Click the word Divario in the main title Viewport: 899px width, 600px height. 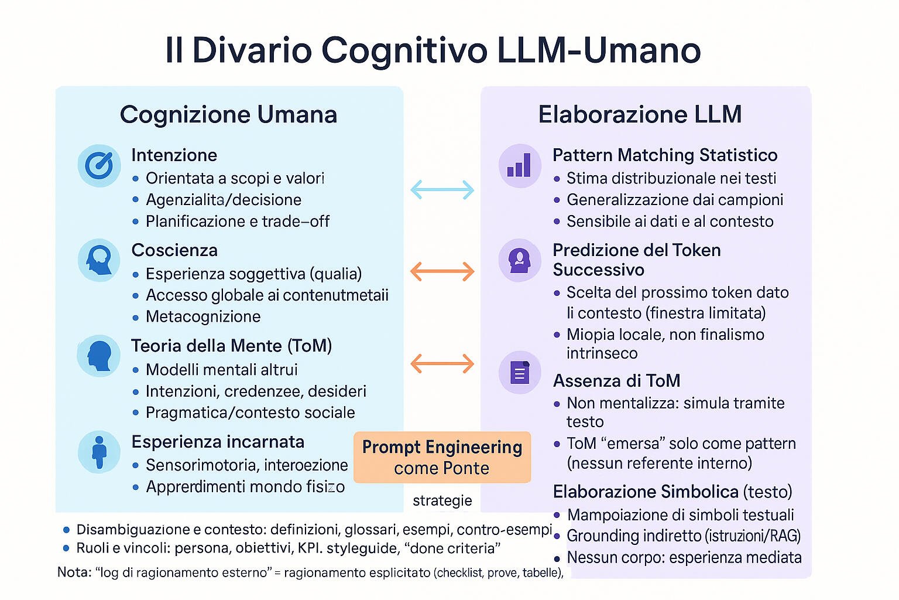[252, 50]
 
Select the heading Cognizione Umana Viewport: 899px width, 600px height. [228, 114]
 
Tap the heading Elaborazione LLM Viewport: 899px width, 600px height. [640, 114]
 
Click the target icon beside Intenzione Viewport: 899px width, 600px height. [99, 166]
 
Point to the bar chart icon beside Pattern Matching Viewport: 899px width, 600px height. [519, 166]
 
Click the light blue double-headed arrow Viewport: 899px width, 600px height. [442, 189]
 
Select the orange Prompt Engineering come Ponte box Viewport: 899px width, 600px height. [442, 457]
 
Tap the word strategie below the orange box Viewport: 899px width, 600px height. [442, 500]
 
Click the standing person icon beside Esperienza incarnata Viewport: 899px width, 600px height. [99, 452]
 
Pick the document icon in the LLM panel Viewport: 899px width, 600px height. [519, 373]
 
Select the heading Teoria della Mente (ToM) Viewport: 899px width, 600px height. [231, 346]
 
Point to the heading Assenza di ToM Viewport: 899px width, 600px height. [616, 381]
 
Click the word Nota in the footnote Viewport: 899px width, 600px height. [73, 572]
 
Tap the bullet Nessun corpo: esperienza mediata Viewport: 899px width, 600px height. [684, 557]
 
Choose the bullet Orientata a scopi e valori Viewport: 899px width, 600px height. [235, 178]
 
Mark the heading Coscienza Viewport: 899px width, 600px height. [174, 250]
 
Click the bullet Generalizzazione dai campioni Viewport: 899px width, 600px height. [675, 200]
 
